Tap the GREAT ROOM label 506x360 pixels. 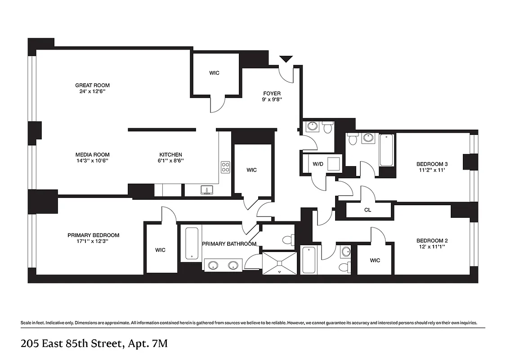[x=92, y=85]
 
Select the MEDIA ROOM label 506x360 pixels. [x=92, y=155]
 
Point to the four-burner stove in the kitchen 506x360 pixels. [x=225, y=167]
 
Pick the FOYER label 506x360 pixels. [x=272, y=94]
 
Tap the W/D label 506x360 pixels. [x=318, y=164]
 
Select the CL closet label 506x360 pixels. [x=367, y=210]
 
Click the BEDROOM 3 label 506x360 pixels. [x=432, y=164]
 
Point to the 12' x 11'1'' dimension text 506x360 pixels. [x=432, y=247]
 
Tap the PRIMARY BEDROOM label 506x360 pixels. [x=94, y=235]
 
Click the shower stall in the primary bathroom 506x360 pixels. [x=279, y=263]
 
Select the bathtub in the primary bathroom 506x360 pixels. [x=192, y=243]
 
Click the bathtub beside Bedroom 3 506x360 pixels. [x=387, y=150]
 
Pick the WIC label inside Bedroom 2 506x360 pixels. [x=375, y=260]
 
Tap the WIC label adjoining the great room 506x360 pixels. [x=215, y=73]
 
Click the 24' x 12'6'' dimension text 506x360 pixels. [x=92, y=91]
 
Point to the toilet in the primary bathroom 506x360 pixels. [x=288, y=238]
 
